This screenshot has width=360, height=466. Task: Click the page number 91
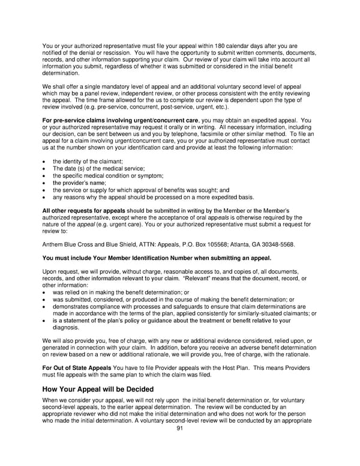click(x=180, y=429)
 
